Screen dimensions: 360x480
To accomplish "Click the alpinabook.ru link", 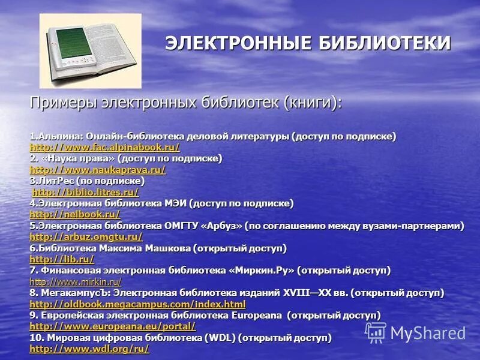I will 104,147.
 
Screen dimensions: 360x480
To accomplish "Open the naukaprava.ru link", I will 97,170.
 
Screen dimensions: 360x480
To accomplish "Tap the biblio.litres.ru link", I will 85,192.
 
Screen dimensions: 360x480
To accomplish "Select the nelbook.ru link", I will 74,214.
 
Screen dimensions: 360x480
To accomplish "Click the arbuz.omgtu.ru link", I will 86,237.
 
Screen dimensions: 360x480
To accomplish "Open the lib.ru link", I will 62,259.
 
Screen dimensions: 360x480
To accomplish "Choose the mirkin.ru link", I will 75,281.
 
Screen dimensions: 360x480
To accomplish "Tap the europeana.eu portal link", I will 112,326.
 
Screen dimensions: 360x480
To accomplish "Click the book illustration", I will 90,51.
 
